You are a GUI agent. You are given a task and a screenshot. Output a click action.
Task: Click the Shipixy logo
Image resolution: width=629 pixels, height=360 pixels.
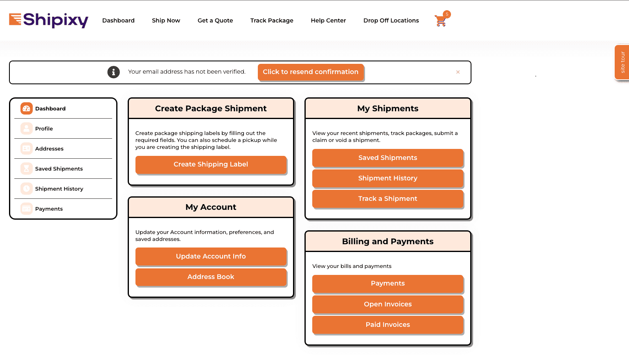(x=49, y=20)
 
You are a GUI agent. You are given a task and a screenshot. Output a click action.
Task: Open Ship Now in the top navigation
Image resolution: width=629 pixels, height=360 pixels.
(x=166, y=20)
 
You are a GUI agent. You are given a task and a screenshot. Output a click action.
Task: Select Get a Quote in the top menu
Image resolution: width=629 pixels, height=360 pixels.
(x=215, y=20)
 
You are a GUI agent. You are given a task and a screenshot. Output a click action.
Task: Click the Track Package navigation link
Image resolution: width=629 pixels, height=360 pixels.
(x=272, y=20)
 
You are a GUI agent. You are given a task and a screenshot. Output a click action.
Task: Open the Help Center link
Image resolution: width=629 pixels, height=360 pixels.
(x=328, y=20)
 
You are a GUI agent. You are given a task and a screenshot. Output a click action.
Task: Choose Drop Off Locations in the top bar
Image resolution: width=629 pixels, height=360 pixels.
(x=391, y=20)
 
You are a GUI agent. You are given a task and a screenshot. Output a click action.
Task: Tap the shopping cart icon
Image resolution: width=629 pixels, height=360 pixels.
(x=441, y=20)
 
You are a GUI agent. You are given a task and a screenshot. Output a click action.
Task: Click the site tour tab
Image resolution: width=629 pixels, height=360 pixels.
(x=622, y=62)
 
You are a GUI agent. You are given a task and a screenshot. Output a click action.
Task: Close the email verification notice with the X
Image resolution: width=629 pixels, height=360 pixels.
(x=458, y=72)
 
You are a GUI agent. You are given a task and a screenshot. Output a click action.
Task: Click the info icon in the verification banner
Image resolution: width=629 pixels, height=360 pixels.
(x=113, y=72)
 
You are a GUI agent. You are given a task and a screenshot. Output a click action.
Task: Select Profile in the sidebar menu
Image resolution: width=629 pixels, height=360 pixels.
(x=44, y=128)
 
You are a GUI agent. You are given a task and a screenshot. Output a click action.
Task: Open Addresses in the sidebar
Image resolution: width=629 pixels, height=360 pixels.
(x=49, y=148)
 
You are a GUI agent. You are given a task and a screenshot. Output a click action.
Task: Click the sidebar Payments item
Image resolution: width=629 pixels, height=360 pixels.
(x=49, y=209)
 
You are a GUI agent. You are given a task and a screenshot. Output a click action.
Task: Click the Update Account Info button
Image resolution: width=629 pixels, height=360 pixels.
(x=211, y=256)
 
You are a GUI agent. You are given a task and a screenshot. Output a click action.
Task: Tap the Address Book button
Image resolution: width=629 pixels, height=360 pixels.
(x=211, y=277)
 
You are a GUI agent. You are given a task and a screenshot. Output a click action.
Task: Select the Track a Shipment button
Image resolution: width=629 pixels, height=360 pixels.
(x=388, y=199)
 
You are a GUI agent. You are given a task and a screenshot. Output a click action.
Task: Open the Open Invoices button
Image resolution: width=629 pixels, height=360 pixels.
(x=388, y=304)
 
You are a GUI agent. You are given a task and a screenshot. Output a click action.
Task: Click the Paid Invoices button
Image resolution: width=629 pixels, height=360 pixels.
(x=388, y=325)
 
